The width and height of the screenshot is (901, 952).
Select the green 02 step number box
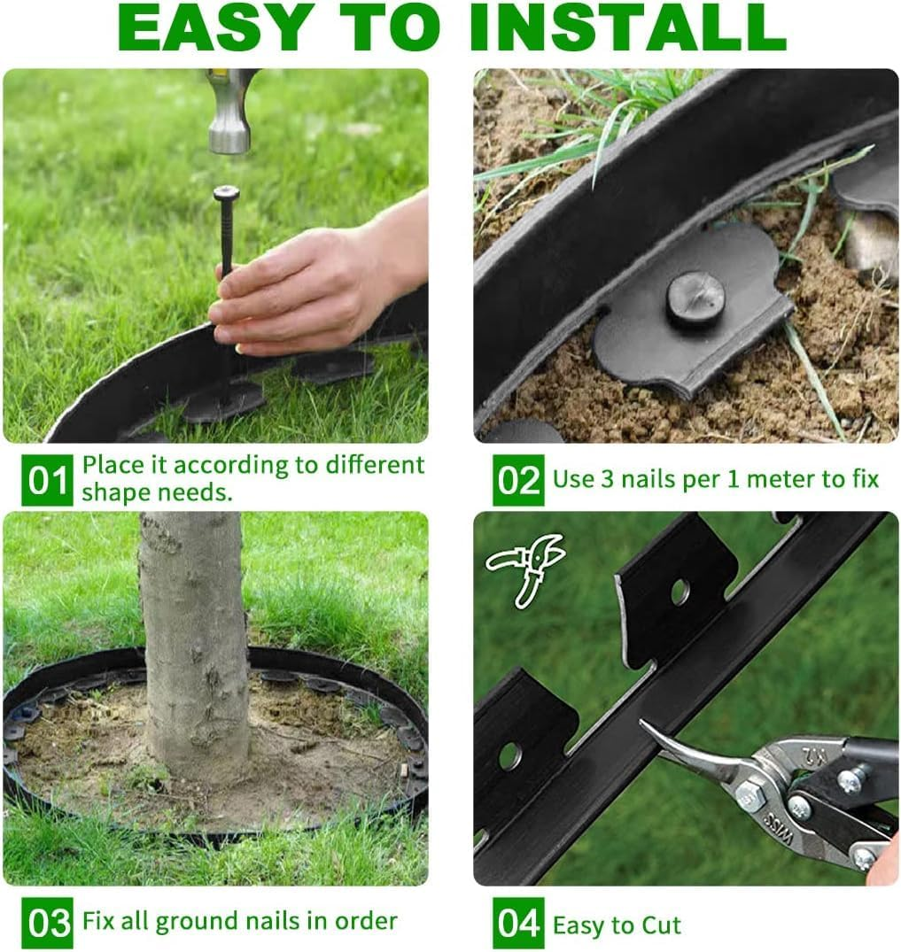coord(518,481)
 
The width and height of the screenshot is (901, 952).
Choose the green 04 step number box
coord(518,923)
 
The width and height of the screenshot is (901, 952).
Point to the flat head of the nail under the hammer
coord(226,192)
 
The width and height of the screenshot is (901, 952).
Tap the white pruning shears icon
coord(526,568)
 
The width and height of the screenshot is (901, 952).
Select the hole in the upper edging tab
coord(680,592)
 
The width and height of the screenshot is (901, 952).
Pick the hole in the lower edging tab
coord(509,755)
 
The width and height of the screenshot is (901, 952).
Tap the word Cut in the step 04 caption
coord(661,926)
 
